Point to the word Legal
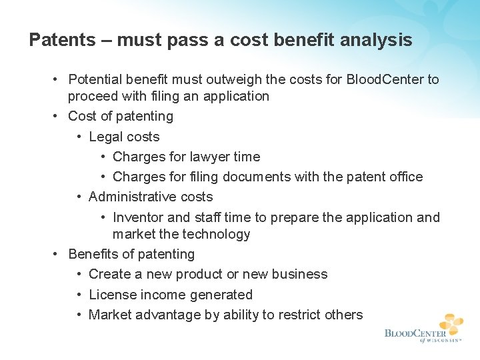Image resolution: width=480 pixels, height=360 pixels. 105,137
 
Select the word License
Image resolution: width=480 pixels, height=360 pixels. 111,295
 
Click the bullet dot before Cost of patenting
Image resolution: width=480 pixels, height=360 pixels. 59,117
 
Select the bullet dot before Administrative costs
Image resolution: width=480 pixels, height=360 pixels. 79,197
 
